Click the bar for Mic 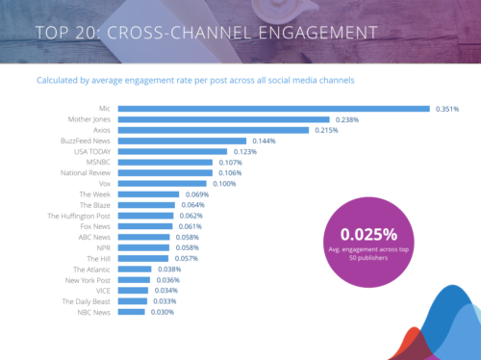(x=274, y=108)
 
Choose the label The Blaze (x=95, y=205)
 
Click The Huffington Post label (x=80, y=216)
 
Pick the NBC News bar (x=132, y=312)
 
